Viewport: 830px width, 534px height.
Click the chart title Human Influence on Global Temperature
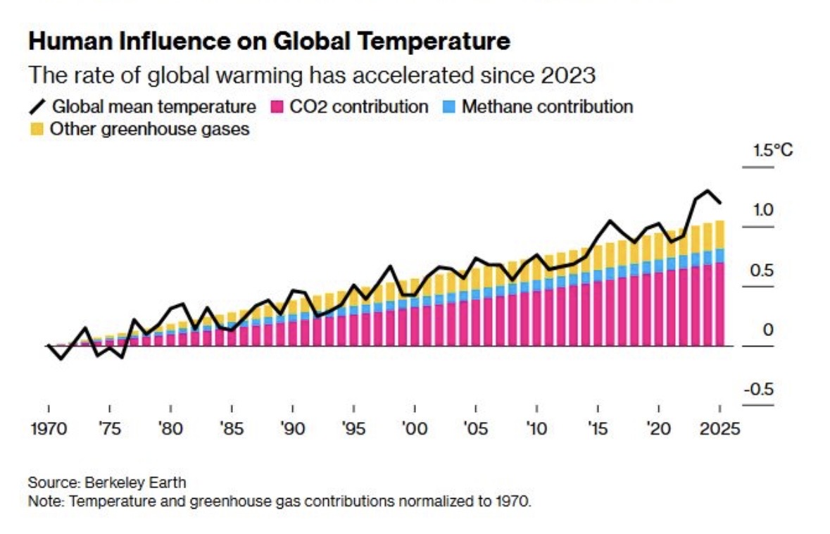pyautogui.click(x=269, y=42)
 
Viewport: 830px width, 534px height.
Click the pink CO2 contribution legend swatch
pyautogui.click(x=277, y=108)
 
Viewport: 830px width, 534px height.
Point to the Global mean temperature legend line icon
pyautogui.click(x=39, y=108)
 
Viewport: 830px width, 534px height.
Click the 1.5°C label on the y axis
pyautogui.click(x=772, y=150)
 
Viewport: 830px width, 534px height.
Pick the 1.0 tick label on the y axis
pyautogui.click(x=762, y=210)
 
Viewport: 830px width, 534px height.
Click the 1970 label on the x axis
pyautogui.click(x=49, y=429)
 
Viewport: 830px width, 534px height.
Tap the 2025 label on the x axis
pyautogui.click(x=719, y=429)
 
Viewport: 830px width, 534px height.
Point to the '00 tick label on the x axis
pyautogui.click(x=415, y=429)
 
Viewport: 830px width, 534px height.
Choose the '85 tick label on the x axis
pyautogui.click(x=232, y=429)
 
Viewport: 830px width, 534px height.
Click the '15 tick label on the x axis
pyautogui.click(x=598, y=429)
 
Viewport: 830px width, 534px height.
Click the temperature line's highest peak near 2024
pyautogui.click(x=708, y=191)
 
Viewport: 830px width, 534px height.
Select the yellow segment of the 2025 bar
pyautogui.click(x=719, y=235)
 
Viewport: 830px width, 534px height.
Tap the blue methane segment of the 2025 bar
pyautogui.click(x=719, y=256)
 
